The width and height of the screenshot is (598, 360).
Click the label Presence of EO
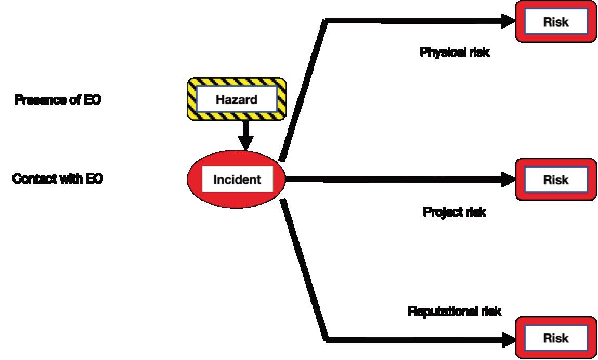pos(58,99)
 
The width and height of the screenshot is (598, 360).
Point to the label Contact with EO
pos(58,179)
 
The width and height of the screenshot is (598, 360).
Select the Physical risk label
pos(454,53)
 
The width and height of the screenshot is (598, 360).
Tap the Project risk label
pos(454,212)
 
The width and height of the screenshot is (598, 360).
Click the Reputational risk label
pos(454,311)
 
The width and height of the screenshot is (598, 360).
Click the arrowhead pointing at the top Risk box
pos(508,21)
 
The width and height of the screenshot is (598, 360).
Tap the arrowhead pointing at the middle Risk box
pos(508,179)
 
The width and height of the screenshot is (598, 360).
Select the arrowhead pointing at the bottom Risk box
pos(508,340)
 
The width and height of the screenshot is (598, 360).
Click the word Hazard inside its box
pos(237,99)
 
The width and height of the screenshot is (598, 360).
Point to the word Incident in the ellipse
pos(237,180)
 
